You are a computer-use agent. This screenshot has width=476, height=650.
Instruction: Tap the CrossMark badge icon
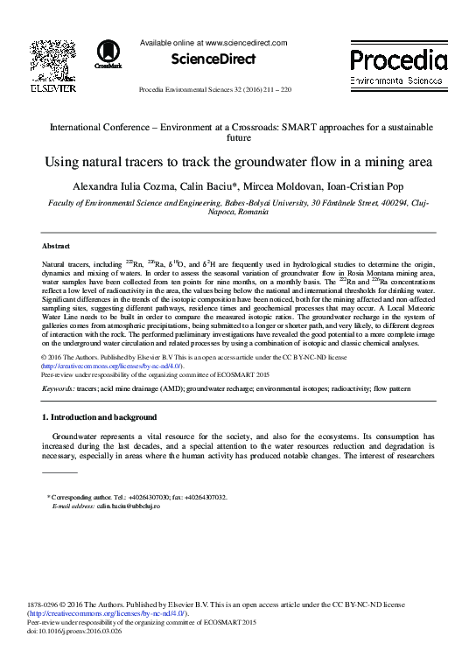[110, 54]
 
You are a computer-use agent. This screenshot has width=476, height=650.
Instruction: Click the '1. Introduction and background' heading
[100, 416]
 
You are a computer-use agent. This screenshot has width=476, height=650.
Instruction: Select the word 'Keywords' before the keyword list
[58, 386]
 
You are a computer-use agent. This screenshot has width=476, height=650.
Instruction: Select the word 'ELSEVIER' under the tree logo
[52, 88]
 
